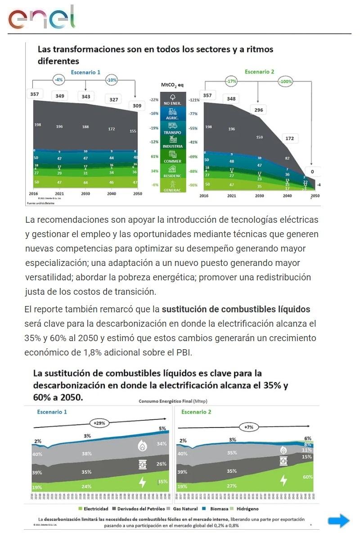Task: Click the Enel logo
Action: pos(41,18)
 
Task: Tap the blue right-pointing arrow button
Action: pos(338,521)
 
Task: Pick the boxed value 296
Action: pos(259,110)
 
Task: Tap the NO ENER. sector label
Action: pos(173,100)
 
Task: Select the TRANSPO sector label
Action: pos(173,129)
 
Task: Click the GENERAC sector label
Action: pos(173,187)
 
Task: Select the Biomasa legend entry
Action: pos(213,509)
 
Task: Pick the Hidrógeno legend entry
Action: pos(246,509)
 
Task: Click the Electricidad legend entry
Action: pos(93,509)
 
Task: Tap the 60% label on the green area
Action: pos(308,477)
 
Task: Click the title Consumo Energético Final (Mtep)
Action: pos(173,401)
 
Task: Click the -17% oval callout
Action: pos(232,82)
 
